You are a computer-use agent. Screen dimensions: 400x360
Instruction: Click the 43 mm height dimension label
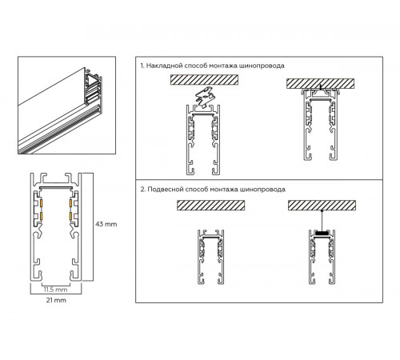106,224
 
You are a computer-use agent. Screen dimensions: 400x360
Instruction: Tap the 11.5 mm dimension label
55,290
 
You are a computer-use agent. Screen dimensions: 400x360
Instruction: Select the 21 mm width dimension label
56,300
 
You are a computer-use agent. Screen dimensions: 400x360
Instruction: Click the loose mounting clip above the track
205,98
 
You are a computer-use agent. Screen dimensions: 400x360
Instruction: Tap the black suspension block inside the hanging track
322,233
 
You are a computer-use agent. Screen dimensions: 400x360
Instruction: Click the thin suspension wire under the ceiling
322,221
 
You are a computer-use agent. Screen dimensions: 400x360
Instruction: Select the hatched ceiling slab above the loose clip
204,80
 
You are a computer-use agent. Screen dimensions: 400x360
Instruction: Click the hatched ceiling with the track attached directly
320,83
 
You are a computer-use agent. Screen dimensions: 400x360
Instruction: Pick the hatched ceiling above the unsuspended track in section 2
210,205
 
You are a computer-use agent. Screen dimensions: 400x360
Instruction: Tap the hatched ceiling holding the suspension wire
322,205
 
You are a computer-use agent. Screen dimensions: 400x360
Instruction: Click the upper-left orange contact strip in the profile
42,204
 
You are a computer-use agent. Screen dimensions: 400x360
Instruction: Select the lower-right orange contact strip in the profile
70,216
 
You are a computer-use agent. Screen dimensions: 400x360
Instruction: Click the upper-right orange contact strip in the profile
70,204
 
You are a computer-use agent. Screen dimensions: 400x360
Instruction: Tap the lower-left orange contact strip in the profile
42,216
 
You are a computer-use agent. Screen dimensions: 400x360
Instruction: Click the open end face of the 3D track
94,90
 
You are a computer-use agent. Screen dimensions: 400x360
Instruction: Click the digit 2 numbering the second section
142,190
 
